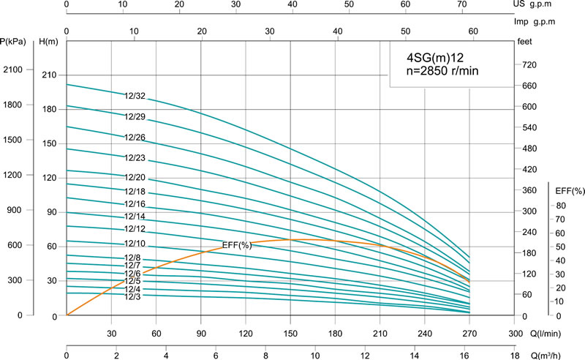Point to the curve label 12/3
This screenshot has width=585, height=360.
132,296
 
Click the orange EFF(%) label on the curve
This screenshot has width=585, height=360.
236,245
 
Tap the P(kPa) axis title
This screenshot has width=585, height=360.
14,40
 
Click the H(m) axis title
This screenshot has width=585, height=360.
49,40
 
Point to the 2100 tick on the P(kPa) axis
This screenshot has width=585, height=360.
15,70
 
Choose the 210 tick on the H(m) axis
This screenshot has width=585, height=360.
49,75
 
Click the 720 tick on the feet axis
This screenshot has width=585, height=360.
528,66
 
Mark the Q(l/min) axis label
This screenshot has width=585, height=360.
545,331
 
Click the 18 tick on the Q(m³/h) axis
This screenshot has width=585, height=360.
513,356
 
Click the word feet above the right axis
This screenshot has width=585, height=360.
526,42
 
